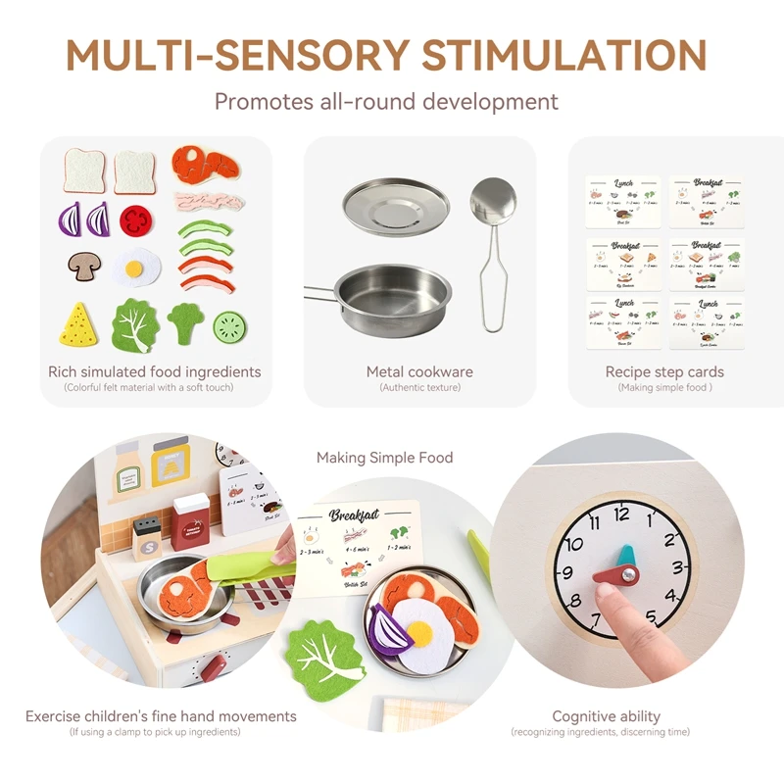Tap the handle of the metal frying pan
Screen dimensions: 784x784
tap(318, 290)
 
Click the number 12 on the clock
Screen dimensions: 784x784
tap(621, 513)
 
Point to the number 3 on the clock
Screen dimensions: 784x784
tap(676, 566)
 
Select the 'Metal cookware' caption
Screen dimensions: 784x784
tap(419, 371)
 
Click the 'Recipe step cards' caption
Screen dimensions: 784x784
tap(664, 371)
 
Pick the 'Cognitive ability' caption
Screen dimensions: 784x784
tap(606, 716)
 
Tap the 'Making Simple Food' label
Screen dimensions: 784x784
tap(385, 457)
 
